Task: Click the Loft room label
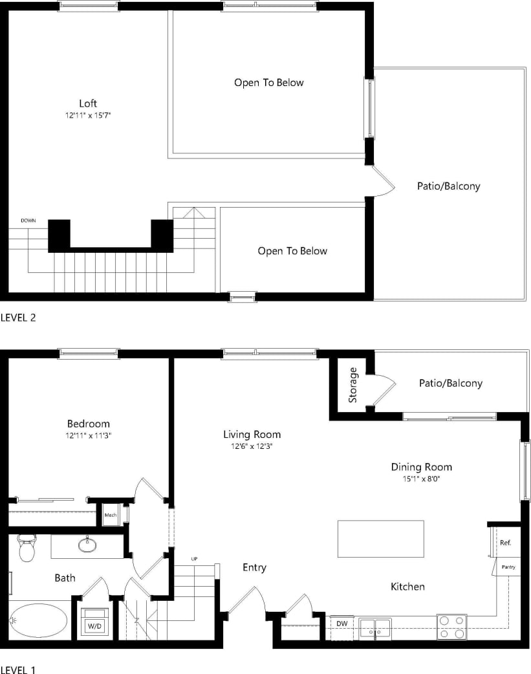point(88,103)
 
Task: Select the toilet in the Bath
point(27,549)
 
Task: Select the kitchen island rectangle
point(380,539)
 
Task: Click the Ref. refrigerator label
point(505,543)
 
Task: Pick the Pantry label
point(508,567)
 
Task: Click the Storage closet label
point(353,385)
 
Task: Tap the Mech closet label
point(110,516)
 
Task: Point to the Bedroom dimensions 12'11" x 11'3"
point(88,436)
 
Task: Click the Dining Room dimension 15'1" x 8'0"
point(421,479)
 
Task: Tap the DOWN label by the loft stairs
point(28,221)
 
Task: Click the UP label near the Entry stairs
point(194,558)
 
